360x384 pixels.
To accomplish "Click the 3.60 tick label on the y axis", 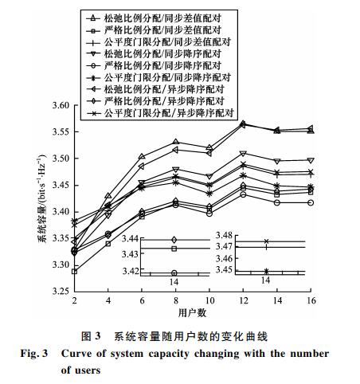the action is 61,105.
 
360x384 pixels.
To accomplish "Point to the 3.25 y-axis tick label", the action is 61,292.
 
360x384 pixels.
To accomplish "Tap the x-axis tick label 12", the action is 243,300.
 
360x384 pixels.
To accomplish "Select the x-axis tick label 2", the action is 75,300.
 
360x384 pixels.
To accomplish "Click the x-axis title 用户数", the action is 192,313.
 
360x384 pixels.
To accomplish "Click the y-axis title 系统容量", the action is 43,225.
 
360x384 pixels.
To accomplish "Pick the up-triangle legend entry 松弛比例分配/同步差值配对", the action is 154,18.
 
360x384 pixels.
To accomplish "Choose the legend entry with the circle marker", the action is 154,65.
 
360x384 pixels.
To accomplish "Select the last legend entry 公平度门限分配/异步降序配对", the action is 160,113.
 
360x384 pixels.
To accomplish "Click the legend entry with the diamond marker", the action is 155,101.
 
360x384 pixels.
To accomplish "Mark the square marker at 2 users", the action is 75,272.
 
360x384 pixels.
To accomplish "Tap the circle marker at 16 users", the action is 311,202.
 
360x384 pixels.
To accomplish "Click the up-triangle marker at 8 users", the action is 175,142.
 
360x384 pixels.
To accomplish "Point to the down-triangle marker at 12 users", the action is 243,154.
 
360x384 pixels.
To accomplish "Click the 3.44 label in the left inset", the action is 130,239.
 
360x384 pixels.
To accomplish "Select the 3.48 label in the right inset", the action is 224,235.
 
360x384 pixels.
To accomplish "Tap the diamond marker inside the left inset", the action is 174,240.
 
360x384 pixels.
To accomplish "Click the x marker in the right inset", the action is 266,241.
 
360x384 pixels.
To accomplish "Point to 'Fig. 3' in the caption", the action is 34,354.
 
